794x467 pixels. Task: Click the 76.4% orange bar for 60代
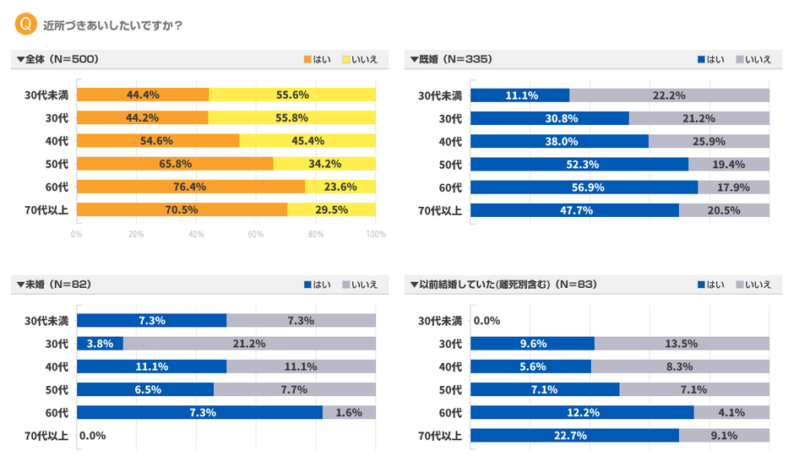190,187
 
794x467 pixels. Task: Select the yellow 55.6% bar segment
292,95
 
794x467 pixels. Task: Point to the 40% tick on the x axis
196,234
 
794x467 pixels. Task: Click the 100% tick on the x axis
376,234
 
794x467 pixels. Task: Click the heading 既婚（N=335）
451,59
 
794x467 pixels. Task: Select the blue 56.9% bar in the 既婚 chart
584,187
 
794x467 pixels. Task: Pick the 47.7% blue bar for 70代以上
574,209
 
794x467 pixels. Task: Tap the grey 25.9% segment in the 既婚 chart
709,141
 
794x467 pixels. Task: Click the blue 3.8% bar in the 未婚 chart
100,344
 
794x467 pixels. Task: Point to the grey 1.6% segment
349,412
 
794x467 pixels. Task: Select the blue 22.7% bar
574,436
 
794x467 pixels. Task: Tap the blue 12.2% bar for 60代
582,412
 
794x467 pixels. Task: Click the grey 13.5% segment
682,344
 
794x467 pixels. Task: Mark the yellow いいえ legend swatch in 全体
347,60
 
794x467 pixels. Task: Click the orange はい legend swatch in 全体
307,60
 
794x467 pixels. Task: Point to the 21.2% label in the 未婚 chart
249,344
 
